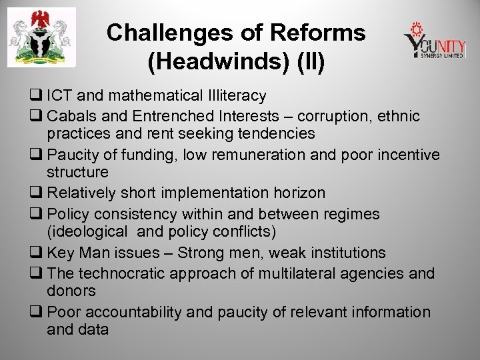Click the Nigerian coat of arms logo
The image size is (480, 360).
point(41,41)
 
